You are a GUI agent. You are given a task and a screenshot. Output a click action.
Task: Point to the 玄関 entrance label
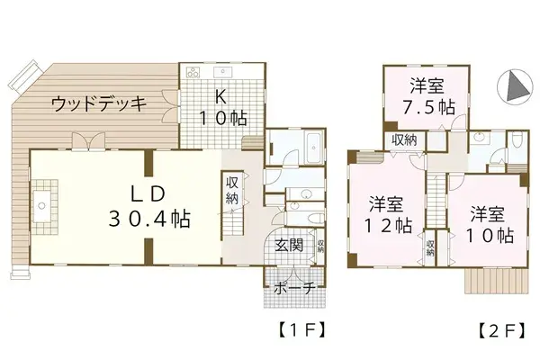pyautogui.click(x=289, y=244)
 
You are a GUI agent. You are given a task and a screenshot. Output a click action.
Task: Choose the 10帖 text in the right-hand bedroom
pyautogui.click(x=490, y=236)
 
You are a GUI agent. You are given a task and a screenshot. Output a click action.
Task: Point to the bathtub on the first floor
pyautogui.click(x=312, y=145)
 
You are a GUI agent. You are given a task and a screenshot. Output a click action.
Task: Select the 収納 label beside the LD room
pyautogui.click(x=232, y=189)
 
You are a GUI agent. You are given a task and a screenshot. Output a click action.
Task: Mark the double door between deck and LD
pyautogui.click(x=85, y=142)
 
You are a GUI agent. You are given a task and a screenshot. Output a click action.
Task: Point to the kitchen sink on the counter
pyautogui.click(x=222, y=71)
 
